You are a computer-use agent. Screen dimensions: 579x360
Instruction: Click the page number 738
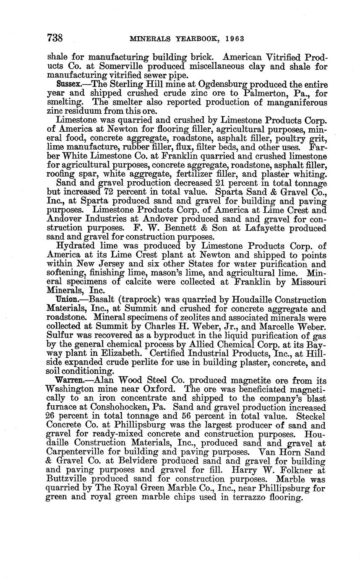pos(55,38)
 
